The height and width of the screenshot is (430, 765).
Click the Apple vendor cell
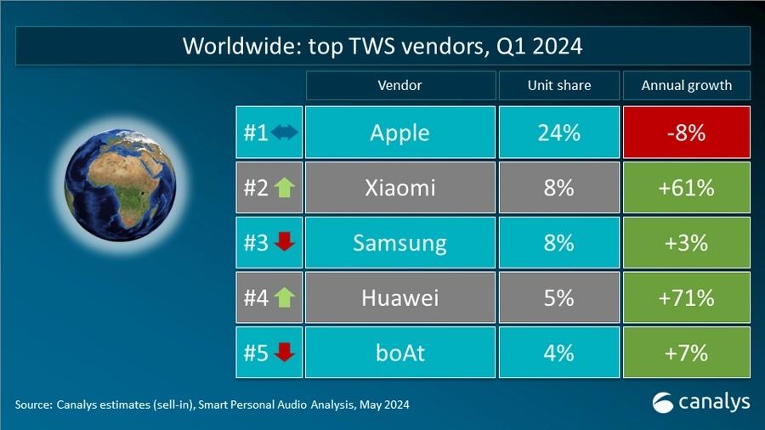[x=399, y=133]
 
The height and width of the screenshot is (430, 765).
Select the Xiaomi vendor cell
[x=399, y=188]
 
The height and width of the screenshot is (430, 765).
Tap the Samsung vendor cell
[x=399, y=243]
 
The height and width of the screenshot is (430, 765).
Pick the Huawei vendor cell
[x=399, y=297]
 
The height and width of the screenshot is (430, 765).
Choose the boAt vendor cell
[x=399, y=353]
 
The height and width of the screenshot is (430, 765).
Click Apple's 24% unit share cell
[x=558, y=133]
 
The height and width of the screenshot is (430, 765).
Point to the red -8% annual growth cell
[x=686, y=133]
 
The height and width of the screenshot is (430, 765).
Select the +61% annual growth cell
[x=686, y=188]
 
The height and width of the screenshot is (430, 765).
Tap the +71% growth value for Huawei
[x=686, y=297]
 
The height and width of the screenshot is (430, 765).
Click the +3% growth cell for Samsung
[x=686, y=243]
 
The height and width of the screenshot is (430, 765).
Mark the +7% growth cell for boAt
[x=686, y=353]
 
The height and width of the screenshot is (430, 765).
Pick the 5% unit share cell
[x=558, y=297]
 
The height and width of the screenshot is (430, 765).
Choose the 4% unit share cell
[x=558, y=353]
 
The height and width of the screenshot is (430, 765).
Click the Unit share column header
[x=558, y=86]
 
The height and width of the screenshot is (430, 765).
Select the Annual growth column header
[x=686, y=86]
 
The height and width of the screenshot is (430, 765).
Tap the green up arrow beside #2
[x=283, y=188]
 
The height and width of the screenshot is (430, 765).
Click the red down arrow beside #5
[x=284, y=353]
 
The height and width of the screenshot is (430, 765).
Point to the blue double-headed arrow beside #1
[x=284, y=133]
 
